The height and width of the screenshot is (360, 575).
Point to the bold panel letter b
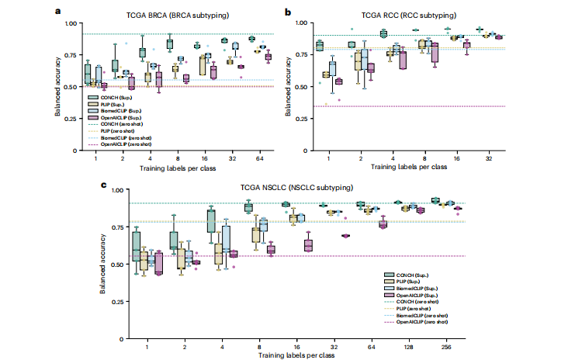[x=289, y=12]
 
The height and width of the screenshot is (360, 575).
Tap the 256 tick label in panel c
[x=446, y=347]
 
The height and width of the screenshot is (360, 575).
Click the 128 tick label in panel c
[x=408, y=347]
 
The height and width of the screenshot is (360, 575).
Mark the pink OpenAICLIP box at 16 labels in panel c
[x=308, y=244]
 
